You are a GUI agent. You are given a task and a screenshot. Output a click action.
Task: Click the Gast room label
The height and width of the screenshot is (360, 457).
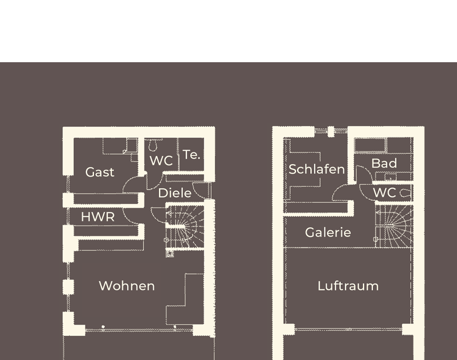pyautogui.click(x=100, y=172)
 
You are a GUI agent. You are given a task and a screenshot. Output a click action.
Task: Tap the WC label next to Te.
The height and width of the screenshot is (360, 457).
pyautogui.click(x=161, y=161)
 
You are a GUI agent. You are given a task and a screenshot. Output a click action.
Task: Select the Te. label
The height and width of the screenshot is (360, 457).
pyautogui.click(x=191, y=155)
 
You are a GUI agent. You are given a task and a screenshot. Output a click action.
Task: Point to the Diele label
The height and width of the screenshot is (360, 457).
pyautogui.click(x=175, y=193)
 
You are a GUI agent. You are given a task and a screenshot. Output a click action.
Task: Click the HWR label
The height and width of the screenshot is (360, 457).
pyautogui.click(x=97, y=217)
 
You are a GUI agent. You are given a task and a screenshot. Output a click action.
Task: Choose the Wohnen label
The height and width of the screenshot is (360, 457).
pyautogui.click(x=127, y=286)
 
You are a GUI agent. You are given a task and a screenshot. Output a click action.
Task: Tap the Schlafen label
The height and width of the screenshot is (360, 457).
pyautogui.click(x=316, y=169)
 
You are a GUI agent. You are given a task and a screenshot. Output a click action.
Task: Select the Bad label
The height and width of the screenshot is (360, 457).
pyautogui.click(x=384, y=163)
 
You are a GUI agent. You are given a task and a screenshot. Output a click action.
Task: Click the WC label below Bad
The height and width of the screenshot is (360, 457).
pyautogui.click(x=384, y=193)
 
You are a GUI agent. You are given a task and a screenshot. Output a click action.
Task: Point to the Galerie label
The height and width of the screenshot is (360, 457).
pyautogui.click(x=328, y=232)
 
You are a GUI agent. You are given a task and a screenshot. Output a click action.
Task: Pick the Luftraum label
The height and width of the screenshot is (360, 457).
pyautogui.click(x=348, y=286)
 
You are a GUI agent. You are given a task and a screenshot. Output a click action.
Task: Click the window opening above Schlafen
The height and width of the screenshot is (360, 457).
pyautogui.click(x=331, y=131)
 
